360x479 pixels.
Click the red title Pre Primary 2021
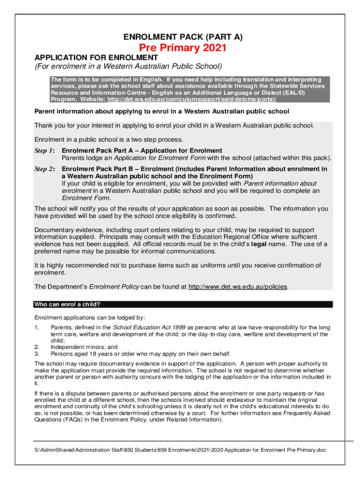[x=183, y=48]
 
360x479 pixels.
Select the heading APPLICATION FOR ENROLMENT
[x=96, y=58]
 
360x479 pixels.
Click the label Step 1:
[x=45, y=151]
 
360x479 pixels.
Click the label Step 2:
[x=45, y=169]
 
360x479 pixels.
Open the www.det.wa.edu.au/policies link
[x=238, y=287]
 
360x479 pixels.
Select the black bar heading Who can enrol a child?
[x=67, y=305]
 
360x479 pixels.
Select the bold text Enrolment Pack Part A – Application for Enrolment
[x=142, y=151]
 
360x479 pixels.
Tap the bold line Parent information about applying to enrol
[x=162, y=111]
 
